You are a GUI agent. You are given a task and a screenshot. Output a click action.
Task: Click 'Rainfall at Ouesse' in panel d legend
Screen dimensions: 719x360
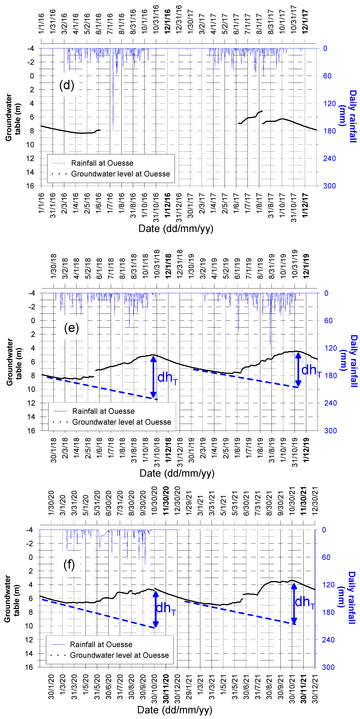(102, 163)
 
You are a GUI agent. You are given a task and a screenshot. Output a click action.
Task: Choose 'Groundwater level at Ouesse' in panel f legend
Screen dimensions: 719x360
(119, 655)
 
